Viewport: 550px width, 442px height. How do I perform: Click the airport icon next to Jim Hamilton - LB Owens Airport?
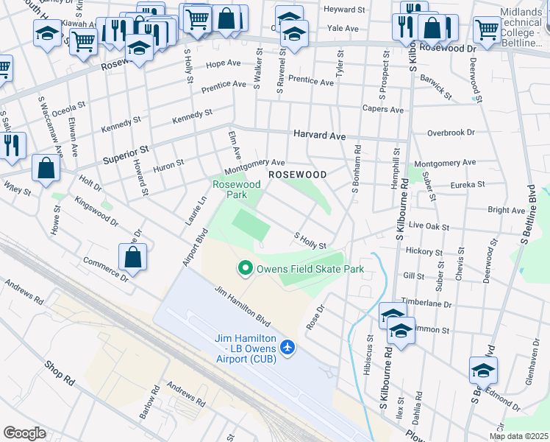(287, 346)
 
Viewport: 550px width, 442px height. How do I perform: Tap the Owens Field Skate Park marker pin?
(245, 269)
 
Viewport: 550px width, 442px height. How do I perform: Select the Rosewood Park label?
(237, 189)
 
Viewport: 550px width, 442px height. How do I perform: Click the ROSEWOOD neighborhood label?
(297, 175)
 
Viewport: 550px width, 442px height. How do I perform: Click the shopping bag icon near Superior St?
(46, 168)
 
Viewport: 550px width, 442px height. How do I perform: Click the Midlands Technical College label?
(524, 24)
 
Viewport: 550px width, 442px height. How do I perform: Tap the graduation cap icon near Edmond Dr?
(483, 370)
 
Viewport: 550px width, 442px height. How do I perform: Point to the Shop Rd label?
(59, 373)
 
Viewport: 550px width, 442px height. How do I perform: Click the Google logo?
(24, 433)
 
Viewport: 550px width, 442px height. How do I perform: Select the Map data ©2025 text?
(518, 436)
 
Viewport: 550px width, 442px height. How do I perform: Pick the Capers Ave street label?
(383, 110)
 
